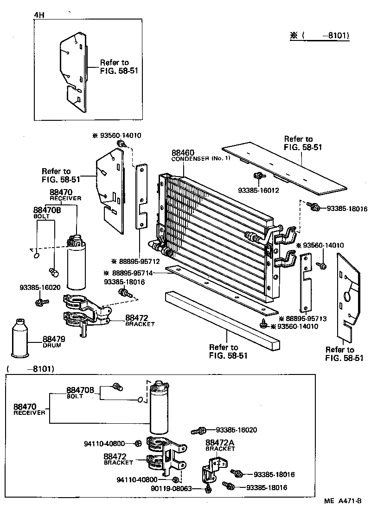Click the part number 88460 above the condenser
183,153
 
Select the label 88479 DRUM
53,341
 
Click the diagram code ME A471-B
342,501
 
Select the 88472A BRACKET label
220,446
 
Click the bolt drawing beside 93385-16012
258,176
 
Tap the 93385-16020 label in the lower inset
237,430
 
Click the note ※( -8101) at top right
320,35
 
